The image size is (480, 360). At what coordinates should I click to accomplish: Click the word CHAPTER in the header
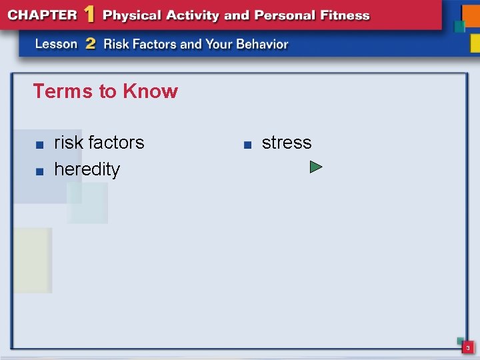point(41,15)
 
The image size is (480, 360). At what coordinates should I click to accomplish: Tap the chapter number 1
point(89,14)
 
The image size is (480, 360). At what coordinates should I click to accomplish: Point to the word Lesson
point(57,44)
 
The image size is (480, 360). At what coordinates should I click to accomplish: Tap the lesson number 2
point(91,44)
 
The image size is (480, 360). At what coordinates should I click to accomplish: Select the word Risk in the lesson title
point(117,45)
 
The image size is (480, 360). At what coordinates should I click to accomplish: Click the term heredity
point(87,169)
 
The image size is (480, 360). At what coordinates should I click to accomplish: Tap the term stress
point(287,143)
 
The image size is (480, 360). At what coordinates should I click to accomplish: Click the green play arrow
point(316,167)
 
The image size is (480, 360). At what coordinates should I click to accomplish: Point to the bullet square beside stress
point(246,144)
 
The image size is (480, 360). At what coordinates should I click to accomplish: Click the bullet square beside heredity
point(40,171)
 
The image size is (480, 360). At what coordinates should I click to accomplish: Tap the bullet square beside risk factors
point(40,144)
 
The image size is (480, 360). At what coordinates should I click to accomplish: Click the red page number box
point(468,347)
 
